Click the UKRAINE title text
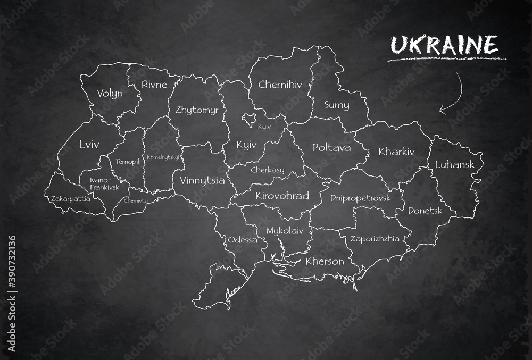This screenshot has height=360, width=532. click(x=444, y=45)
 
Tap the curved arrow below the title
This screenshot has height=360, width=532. click(x=452, y=95)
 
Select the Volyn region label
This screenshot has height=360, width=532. click(x=110, y=94)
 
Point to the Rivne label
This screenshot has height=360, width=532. click(x=154, y=84)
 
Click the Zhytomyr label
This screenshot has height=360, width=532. click(x=196, y=110)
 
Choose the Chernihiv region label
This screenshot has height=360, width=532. click(x=281, y=84)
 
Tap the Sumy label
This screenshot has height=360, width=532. click(x=336, y=105)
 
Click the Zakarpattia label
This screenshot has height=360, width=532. click(x=70, y=199)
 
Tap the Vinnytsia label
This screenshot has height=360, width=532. click(x=202, y=180)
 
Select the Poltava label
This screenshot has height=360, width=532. click(x=331, y=147)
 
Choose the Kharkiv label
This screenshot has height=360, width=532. click(x=396, y=152)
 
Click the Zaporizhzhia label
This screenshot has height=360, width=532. click(x=375, y=239)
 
